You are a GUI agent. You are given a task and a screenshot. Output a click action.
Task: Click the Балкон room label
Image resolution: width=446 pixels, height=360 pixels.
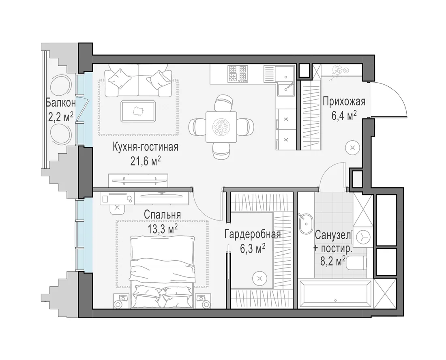pos(61,103)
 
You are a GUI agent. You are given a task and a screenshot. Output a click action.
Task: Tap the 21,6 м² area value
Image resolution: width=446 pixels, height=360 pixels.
pos(146,161)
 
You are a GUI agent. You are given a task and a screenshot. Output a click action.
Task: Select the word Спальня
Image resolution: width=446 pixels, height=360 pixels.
pos(163,214)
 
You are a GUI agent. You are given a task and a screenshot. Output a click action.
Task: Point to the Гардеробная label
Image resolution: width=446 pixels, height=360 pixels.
pos(253,235)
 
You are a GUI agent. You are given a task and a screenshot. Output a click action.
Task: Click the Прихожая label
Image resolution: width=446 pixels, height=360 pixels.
pos(344,101)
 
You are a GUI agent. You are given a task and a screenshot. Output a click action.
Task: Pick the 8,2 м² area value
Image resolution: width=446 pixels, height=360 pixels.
pos(333,261)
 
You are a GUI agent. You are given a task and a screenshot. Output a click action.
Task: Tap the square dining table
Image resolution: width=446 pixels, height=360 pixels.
pos(221,127)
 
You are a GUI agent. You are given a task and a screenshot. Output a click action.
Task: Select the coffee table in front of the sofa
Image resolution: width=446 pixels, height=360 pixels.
pos(138,111)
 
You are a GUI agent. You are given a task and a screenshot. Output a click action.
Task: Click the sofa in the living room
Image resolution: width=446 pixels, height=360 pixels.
pos(138,81)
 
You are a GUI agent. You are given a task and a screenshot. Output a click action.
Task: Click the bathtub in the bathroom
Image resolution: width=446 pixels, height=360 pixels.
pos(336,295)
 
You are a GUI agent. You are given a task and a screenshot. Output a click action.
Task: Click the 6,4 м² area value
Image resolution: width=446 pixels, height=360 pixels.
pos(344,116)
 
